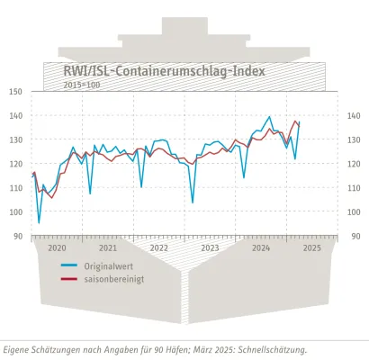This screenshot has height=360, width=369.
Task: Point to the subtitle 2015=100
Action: (81, 84)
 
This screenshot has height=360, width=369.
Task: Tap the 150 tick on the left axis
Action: (16, 92)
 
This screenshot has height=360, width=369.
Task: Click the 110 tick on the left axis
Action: (16, 188)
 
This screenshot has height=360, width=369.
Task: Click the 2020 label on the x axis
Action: (57, 247)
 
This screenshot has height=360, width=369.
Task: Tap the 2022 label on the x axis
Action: (159, 247)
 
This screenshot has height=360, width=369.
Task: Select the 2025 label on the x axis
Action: (312, 247)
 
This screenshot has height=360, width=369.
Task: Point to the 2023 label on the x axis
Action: (211, 247)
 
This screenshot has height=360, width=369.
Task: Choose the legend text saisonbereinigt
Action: (114, 280)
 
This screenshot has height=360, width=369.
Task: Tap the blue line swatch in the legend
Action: (68, 266)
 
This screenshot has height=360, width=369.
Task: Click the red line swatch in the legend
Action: (68, 280)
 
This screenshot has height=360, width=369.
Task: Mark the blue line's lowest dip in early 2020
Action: (39, 222)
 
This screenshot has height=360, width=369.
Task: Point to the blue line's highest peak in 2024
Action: (270, 117)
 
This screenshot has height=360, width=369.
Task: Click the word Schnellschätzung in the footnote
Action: (267, 349)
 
